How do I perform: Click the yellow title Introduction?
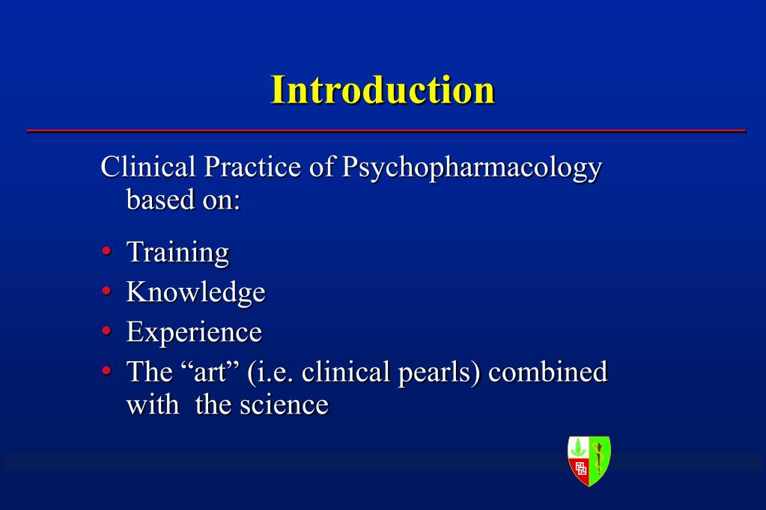pyautogui.click(x=383, y=90)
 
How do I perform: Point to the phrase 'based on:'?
pyautogui.click(x=183, y=200)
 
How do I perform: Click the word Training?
pyautogui.click(x=177, y=253)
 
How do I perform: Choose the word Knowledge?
pyautogui.click(x=195, y=292)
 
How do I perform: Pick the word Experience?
pyautogui.click(x=194, y=332)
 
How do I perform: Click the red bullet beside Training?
pyautogui.click(x=106, y=251)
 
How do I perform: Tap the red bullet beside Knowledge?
pyautogui.click(x=106, y=291)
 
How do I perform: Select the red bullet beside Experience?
pyautogui.click(x=106, y=331)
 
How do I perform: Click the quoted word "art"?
pyautogui.click(x=210, y=372)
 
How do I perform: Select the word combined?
pyautogui.click(x=547, y=372)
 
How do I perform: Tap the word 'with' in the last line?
pyautogui.click(x=153, y=405)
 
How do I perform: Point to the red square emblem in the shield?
pyautogui.click(x=580, y=470)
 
